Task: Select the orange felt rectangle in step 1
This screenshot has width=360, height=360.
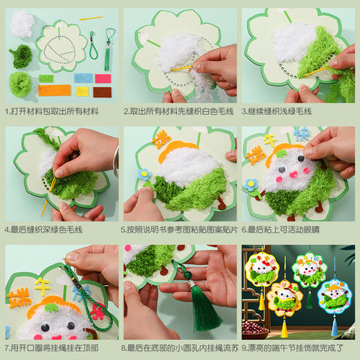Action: coord(53,91)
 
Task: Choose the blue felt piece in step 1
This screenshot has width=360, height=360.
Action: coord(83,78)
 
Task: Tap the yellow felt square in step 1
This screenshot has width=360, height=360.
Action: coord(82,91)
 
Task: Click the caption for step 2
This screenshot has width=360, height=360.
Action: coord(178,111)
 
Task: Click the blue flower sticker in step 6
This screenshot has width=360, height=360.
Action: coord(250,185)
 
